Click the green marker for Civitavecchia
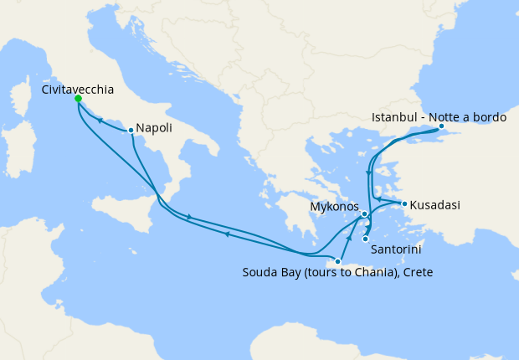pyautogui.click(x=78, y=99)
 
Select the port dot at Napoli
pyautogui.click(x=131, y=130)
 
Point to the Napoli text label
pyautogui.click(x=156, y=128)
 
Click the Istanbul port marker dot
pyautogui.click(x=441, y=126)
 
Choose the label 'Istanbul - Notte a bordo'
pyautogui.click(x=439, y=116)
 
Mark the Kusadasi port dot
pyautogui.click(x=404, y=203)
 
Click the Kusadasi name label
pyautogui.click(x=435, y=204)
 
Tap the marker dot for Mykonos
pyautogui.click(x=365, y=214)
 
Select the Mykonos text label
pyautogui.click(x=334, y=206)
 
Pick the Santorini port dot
pyautogui.click(x=365, y=239)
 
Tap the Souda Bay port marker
pyautogui.click(x=337, y=262)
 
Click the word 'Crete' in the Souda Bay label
pyautogui.click(x=416, y=272)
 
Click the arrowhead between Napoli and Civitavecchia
pyautogui.click(x=100, y=120)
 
